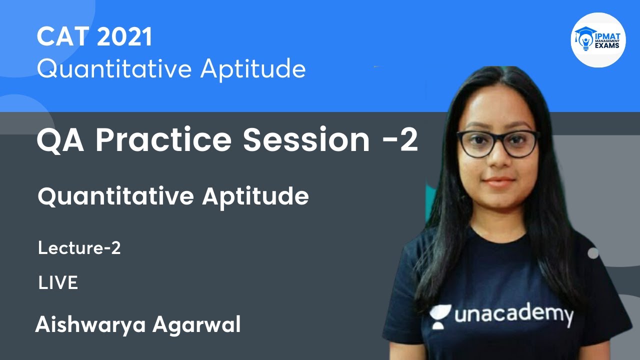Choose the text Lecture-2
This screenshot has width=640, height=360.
click(x=79, y=248)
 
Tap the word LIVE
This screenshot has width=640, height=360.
click(x=58, y=283)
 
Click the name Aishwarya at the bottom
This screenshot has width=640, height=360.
click(x=90, y=325)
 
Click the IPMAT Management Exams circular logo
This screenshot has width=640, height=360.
click(x=598, y=40)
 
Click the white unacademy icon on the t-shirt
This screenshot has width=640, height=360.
click(x=440, y=316)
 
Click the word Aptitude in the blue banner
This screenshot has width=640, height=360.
click(x=253, y=69)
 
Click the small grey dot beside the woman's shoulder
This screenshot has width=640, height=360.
click(x=593, y=253)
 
